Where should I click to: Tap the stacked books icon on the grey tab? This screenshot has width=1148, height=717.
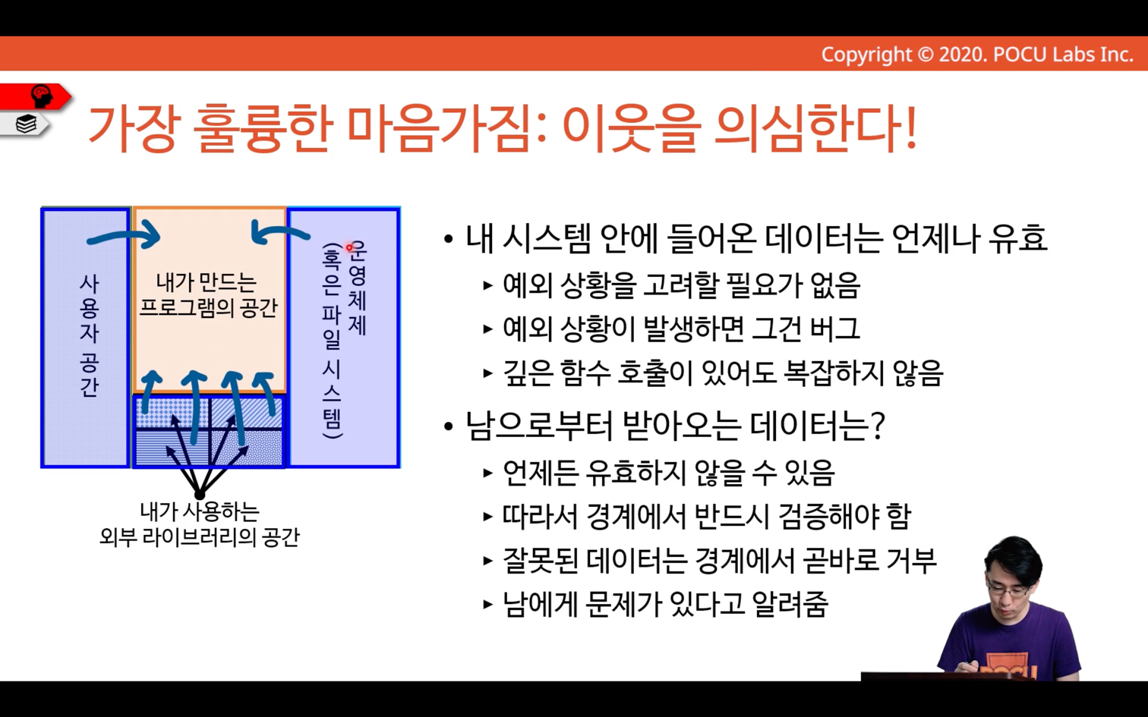(26, 124)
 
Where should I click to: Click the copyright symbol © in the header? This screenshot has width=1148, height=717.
(925, 55)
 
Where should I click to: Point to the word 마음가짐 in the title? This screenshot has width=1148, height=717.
(439, 128)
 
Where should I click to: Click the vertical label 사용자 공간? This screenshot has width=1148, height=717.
(89, 336)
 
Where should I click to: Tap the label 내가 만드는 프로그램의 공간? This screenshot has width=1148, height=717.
(208, 295)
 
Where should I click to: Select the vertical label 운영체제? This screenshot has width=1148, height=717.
(357, 288)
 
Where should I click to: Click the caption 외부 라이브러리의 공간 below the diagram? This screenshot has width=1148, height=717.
(200, 537)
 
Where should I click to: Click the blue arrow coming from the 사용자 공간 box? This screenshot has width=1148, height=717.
(124, 236)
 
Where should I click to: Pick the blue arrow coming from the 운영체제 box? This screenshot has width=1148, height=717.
(281, 232)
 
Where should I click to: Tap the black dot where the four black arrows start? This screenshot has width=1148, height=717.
(200, 495)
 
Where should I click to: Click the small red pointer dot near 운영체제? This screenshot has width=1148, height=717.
(349, 248)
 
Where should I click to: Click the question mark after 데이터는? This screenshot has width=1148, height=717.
(878, 426)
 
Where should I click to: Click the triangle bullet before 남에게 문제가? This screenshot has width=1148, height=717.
(488, 604)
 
